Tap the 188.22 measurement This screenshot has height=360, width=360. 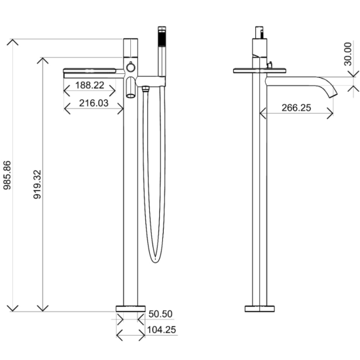[90, 84]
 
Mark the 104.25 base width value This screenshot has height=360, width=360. [161, 332]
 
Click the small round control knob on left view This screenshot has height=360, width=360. [131, 68]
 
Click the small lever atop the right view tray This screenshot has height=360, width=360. [269, 65]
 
